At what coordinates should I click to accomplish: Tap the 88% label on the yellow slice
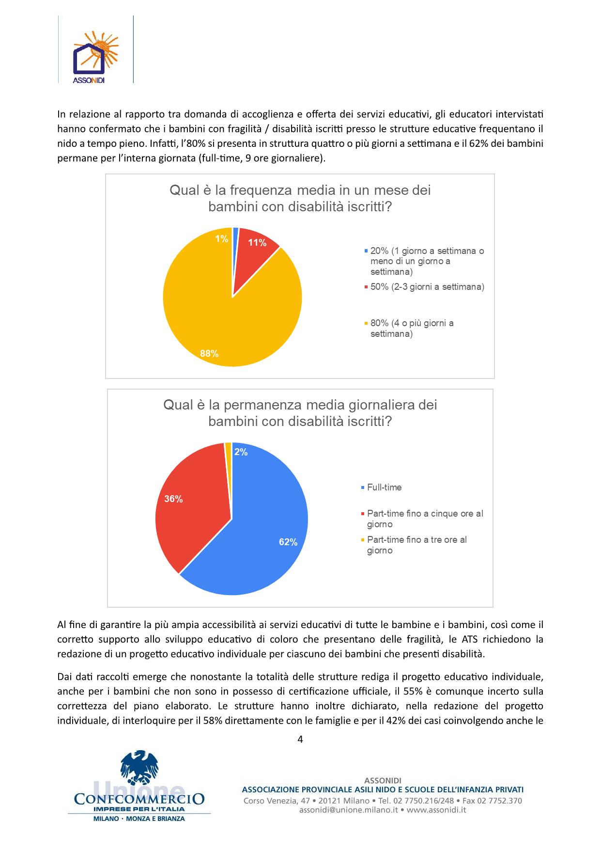coord(209,354)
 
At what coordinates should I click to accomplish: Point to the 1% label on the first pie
coord(222,239)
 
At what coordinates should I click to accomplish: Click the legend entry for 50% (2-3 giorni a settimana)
coord(427,287)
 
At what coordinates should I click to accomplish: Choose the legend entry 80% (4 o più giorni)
coord(412,329)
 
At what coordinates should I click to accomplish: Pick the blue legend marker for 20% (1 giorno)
coord(366,251)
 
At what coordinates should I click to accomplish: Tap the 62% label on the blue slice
coord(288,543)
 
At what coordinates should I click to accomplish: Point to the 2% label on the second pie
coord(241,452)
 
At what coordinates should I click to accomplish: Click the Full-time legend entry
coord(384,488)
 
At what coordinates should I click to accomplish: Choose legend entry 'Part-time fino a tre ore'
coord(416,545)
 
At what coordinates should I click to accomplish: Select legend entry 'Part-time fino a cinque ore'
coord(425,519)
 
